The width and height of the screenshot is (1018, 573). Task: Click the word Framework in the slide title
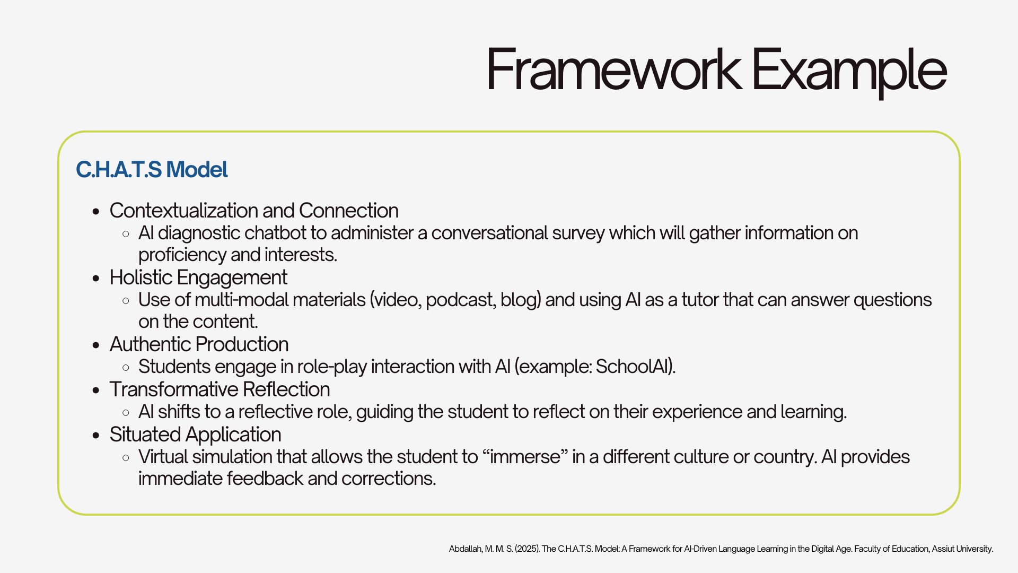[x=613, y=70]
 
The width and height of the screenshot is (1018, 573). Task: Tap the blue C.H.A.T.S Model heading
[x=152, y=170]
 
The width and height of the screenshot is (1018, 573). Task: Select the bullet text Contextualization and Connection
[x=254, y=211]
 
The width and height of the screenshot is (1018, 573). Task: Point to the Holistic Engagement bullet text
[x=198, y=278]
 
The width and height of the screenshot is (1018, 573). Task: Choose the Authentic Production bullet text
[x=199, y=344]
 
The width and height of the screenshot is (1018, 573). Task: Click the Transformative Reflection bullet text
[x=220, y=389]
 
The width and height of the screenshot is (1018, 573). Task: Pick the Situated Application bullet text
[x=195, y=435]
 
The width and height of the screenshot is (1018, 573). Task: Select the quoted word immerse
[x=525, y=457]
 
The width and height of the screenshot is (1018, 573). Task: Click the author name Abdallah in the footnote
[x=466, y=549]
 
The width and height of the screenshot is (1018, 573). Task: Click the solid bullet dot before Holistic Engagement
[x=96, y=279]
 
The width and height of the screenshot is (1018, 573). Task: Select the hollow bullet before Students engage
[x=126, y=367]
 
